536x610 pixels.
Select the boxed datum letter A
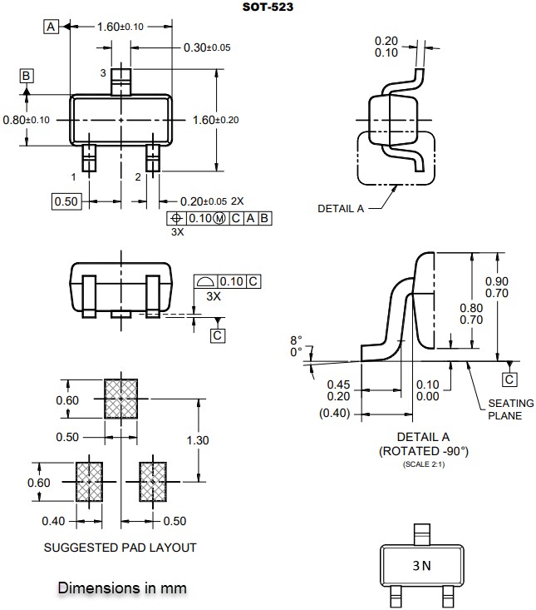pyautogui.click(x=52, y=27)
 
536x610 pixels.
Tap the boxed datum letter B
pyautogui.click(x=27, y=77)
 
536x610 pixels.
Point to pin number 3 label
pyautogui.click(x=103, y=74)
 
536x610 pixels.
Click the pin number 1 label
pyautogui.click(x=74, y=177)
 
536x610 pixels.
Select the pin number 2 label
pyautogui.click(x=137, y=177)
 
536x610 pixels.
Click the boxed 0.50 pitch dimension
pyautogui.click(x=66, y=201)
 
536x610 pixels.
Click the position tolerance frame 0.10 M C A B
pyautogui.click(x=219, y=218)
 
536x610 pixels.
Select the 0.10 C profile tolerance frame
pyautogui.click(x=227, y=281)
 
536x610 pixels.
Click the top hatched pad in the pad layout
pyautogui.click(x=121, y=399)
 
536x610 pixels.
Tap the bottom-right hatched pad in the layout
pyautogui.click(x=153, y=482)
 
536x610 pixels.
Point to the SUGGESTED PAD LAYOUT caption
pyautogui.click(x=120, y=547)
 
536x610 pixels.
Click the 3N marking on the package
pyautogui.click(x=421, y=567)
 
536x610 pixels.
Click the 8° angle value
pyautogui.click(x=297, y=340)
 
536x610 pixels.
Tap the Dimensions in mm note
pyautogui.click(x=122, y=588)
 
